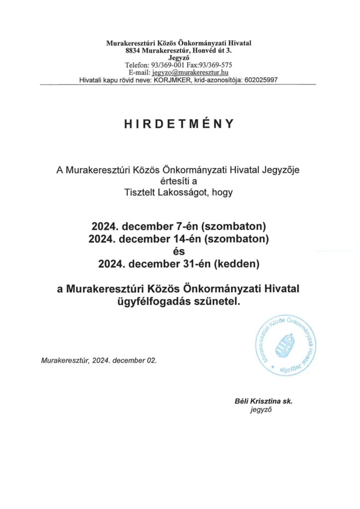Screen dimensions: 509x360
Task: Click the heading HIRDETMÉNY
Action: tap(179, 125)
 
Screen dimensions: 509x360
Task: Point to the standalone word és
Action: tap(179, 252)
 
